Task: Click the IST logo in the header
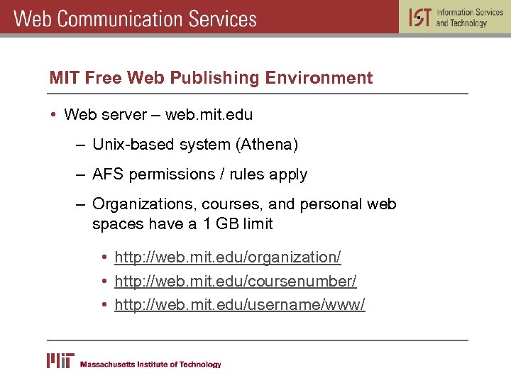pos(420,17)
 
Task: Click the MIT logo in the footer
pos(60,360)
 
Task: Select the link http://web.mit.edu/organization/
pos(227,257)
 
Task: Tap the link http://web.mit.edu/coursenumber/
pos(235,281)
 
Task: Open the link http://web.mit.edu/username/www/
pos(239,305)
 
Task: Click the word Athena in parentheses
pos(269,145)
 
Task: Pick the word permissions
pos(172,174)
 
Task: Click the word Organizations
pos(144,204)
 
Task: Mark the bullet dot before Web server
pos(53,114)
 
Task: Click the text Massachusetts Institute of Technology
pos(150,365)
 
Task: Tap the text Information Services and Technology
pos(469,18)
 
